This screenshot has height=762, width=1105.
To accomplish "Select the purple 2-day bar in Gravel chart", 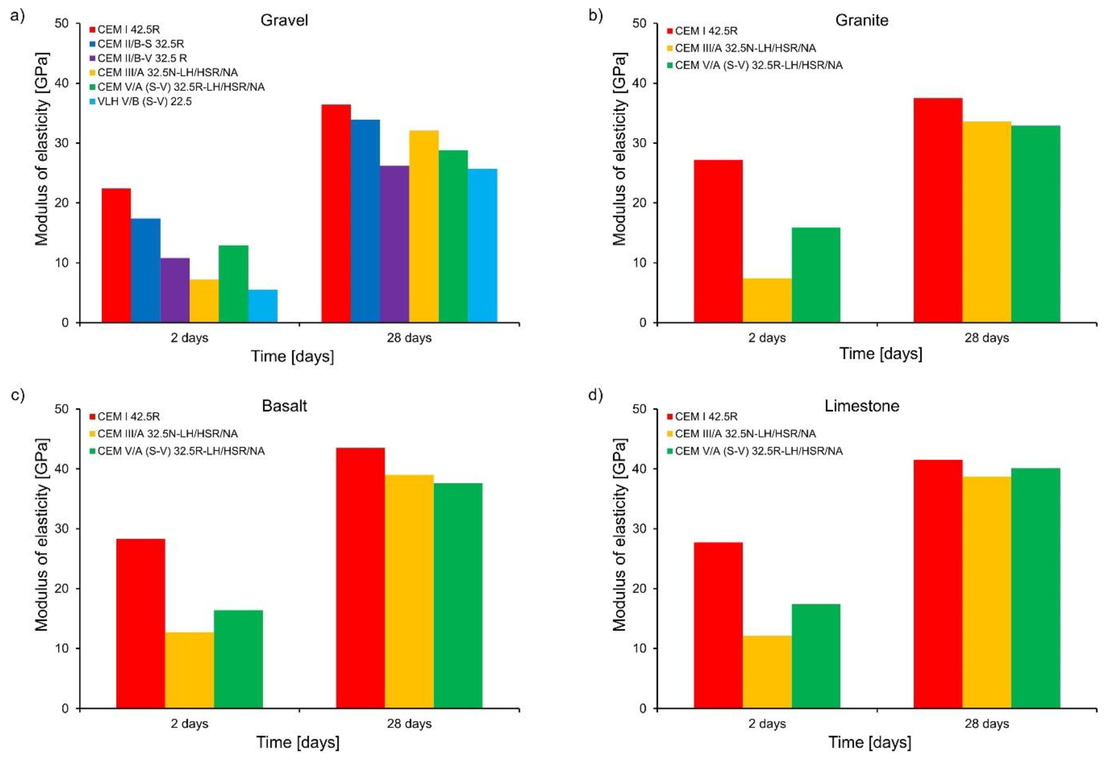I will pos(175,290).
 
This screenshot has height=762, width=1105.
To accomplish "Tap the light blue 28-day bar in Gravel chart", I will pos(482,246).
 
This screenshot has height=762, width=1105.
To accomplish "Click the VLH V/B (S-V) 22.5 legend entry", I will pos(144,101).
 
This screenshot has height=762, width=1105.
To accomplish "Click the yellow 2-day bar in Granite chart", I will pos(767,300).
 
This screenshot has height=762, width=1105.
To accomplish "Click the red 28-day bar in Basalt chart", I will pos(361,578).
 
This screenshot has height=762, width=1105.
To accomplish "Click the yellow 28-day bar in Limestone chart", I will pos(987,592).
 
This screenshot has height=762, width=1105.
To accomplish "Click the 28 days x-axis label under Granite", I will pos(987,338).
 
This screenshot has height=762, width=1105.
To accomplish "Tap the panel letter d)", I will pos(596,396).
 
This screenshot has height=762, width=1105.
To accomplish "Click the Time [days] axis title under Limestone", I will pos(869,743).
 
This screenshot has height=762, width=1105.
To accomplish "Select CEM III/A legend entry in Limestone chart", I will pos(745,434).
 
